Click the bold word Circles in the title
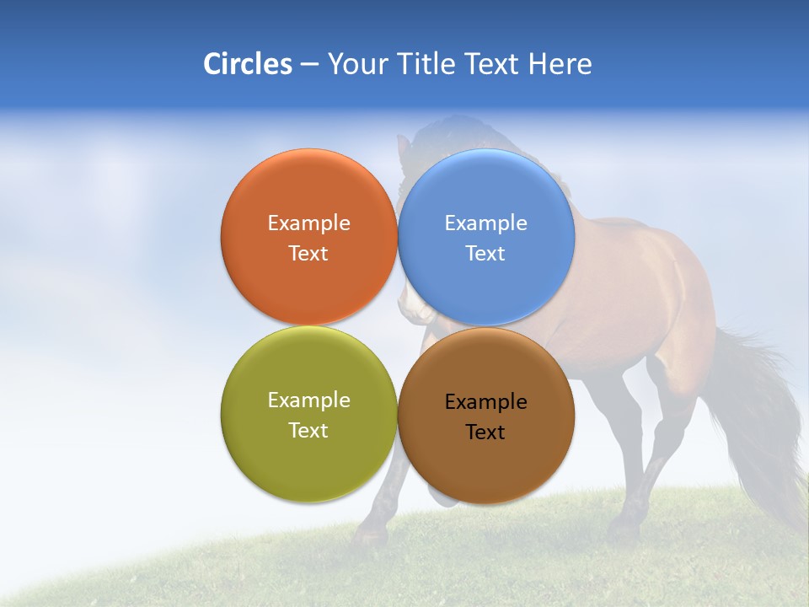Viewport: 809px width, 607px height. pyautogui.click(x=248, y=64)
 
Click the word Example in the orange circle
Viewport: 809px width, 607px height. pyautogui.click(x=308, y=223)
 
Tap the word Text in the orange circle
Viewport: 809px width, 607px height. pyautogui.click(x=308, y=254)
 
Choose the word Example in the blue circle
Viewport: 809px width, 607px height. pyautogui.click(x=485, y=223)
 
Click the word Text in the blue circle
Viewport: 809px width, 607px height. pyautogui.click(x=485, y=254)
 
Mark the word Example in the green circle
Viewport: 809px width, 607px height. pyautogui.click(x=308, y=400)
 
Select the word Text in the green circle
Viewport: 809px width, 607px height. pyautogui.click(x=308, y=431)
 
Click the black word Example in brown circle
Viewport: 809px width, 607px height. pyautogui.click(x=485, y=402)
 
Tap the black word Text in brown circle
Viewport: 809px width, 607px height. pyautogui.click(x=485, y=432)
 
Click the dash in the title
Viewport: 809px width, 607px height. pyautogui.click(x=309, y=65)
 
